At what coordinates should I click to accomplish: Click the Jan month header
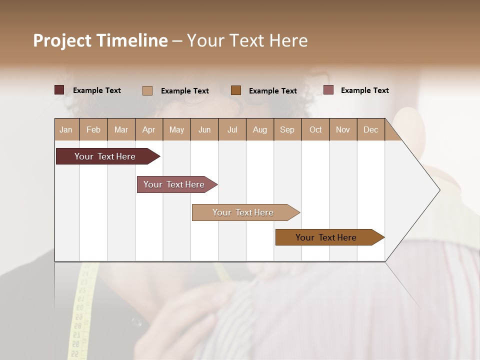66,129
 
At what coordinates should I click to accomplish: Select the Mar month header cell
121,129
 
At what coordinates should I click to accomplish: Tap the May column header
176,129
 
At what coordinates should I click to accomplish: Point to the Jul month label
232,129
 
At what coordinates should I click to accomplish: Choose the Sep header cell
287,129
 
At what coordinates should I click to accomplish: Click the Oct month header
315,129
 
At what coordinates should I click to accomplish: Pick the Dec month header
370,129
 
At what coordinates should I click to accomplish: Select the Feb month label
93,129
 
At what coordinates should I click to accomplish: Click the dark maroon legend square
59,90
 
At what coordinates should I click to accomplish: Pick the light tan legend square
147,90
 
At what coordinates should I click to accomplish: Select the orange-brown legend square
236,90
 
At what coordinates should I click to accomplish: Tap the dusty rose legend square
328,90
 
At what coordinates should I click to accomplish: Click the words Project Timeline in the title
100,40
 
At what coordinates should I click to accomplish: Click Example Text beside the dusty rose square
364,90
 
